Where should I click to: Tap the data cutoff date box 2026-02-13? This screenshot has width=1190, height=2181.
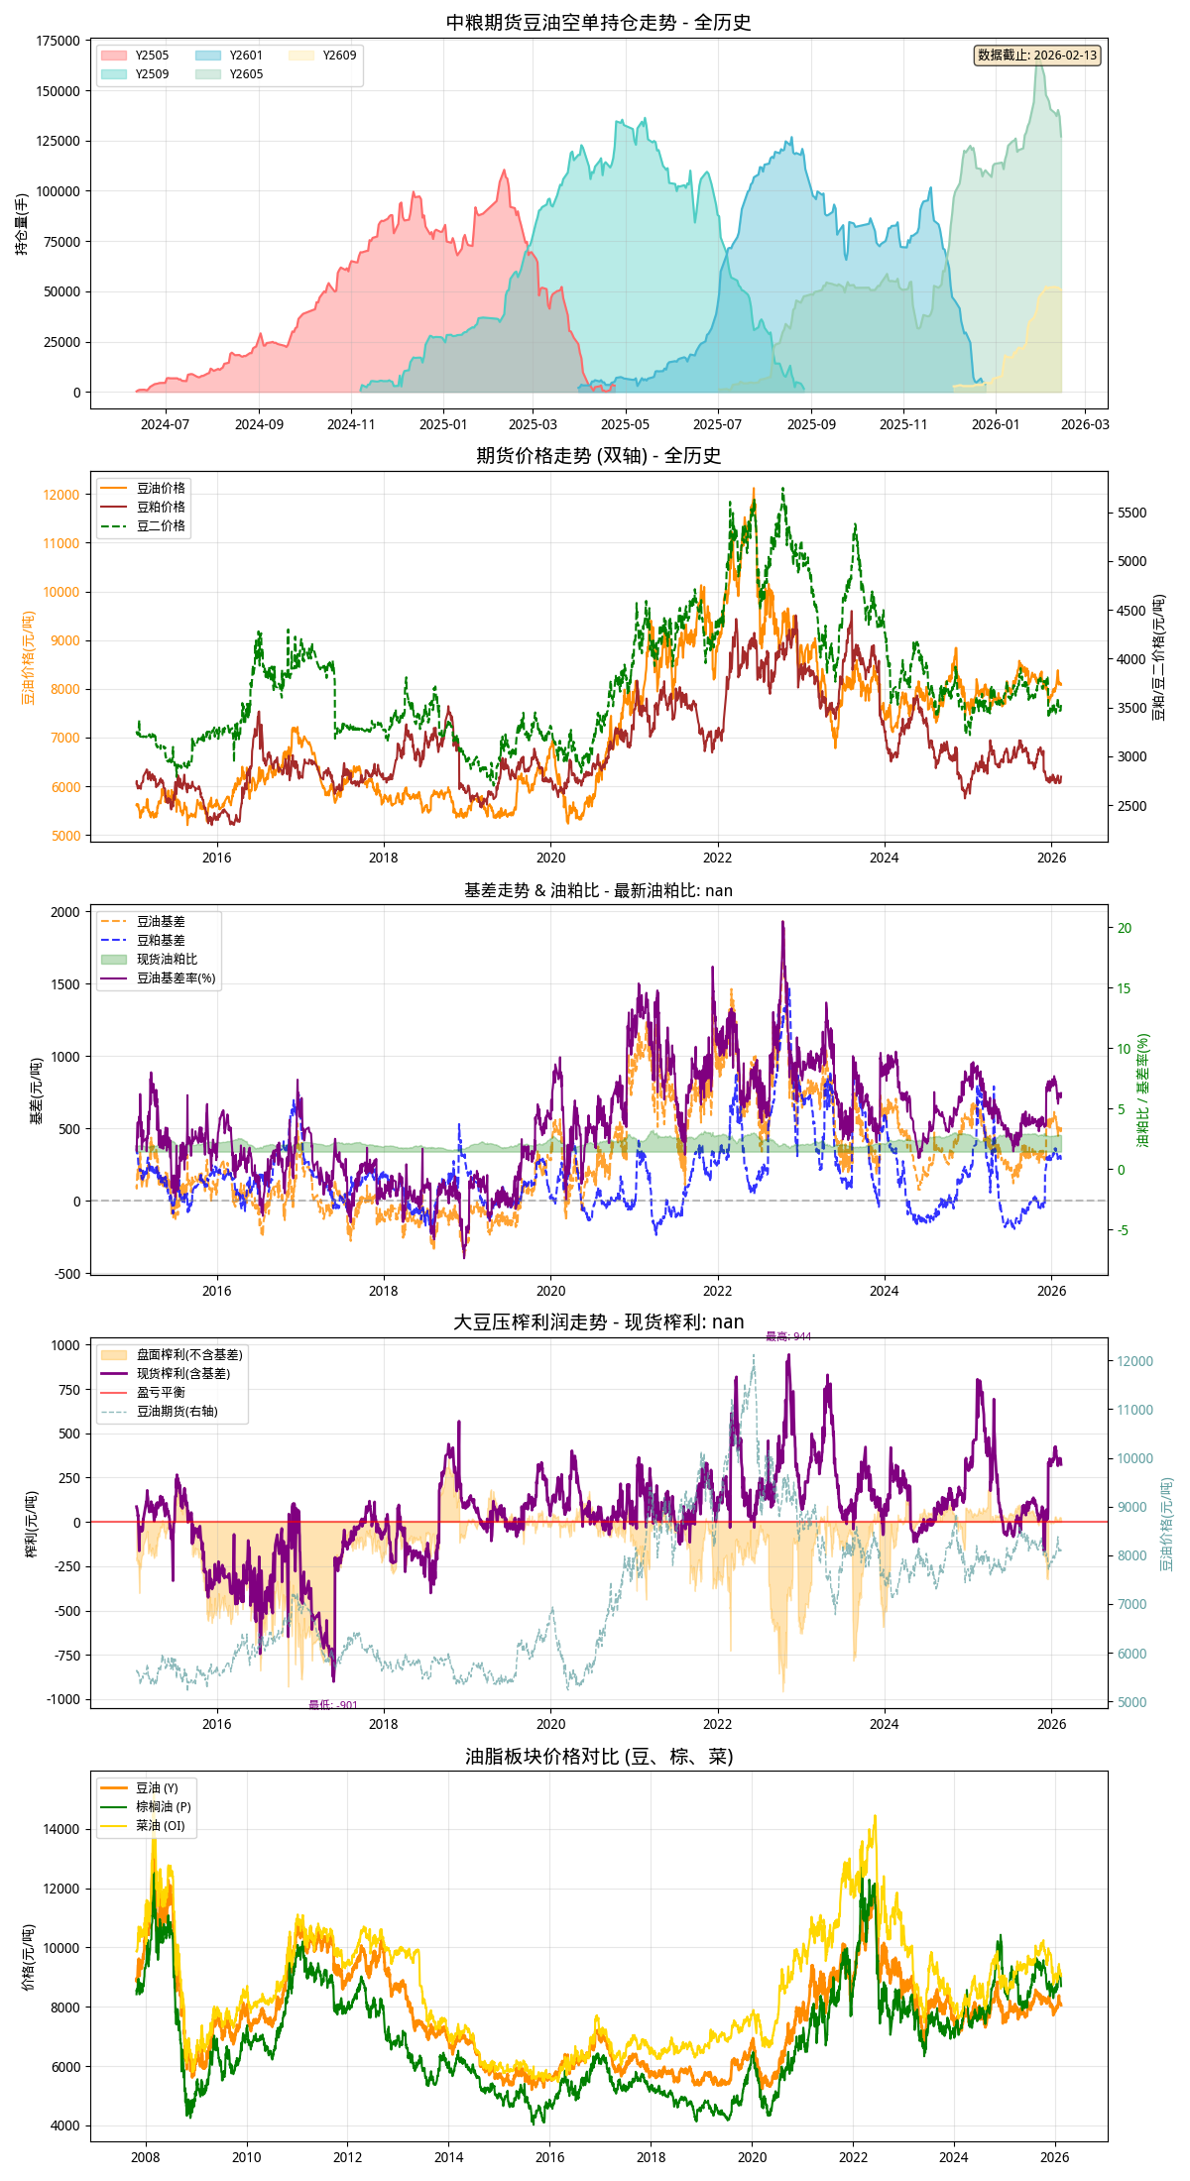[1037, 56]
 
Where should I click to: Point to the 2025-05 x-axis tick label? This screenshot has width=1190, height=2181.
[625, 424]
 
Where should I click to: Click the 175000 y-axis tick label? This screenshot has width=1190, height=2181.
[58, 41]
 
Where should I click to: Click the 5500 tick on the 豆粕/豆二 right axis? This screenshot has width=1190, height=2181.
[1132, 513]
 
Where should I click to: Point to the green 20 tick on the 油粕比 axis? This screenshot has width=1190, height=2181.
[1125, 928]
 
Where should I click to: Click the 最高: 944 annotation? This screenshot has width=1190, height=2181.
[788, 1336]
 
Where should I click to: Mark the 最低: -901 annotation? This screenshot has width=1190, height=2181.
[333, 1705]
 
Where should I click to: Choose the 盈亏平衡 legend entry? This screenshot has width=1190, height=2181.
[161, 1392]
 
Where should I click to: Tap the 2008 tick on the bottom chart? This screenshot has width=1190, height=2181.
[146, 2157]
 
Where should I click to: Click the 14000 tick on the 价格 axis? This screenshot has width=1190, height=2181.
[61, 1829]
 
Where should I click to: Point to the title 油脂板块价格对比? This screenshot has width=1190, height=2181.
[599, 1757]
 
